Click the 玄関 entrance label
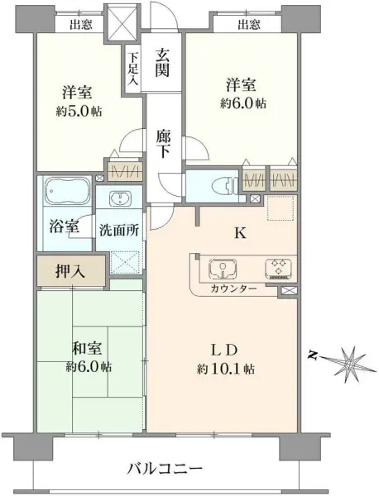162,64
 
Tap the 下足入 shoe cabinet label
132,64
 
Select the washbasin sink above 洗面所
119,198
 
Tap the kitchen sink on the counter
222,269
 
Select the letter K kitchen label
240,234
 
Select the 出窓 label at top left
80,24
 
